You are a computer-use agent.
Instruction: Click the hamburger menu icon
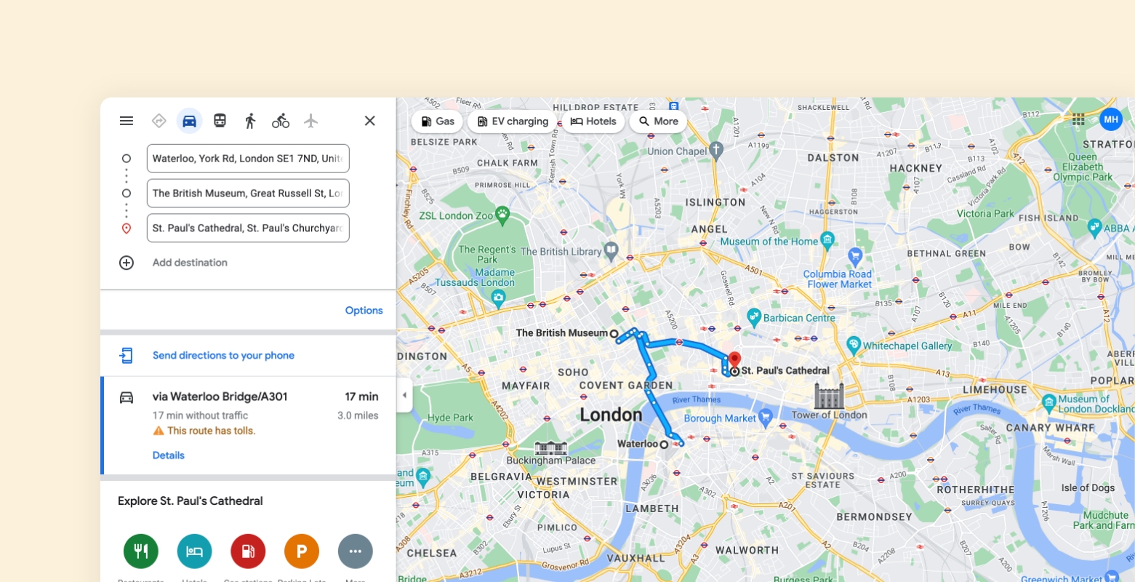(x=127, y=121)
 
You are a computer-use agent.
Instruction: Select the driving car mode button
(x=189, y=121)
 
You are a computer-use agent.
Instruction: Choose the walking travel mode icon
(x=250, y=121)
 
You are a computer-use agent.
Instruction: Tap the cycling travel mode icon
(x=281, y=121)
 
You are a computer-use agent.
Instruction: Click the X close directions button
(x=370, y=121)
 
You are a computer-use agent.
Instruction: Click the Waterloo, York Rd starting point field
(x=247, y=159)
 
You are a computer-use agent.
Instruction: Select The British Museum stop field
(x=247, y=194)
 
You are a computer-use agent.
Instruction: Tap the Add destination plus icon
(x=127, y=263)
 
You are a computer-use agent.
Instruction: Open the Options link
(x=364, y=311)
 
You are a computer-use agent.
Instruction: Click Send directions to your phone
(x=223, y=356)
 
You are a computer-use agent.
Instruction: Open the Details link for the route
(x=169, y=455)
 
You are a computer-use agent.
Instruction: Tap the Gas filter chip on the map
(x=438, y=121)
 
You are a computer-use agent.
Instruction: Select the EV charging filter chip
(x=513, y=121)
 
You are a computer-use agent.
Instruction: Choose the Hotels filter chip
(x=593, y=121)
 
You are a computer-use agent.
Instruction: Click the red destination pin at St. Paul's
(x=734, y=359)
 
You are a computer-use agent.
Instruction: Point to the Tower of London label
(x=829, y=415)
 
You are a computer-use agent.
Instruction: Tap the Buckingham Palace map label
(x=550, y=461)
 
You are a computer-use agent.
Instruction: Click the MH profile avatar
(x=1111, y=119)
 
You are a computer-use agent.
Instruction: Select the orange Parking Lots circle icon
(x=302, y=551)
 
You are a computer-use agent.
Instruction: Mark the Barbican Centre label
(x=798, y=318)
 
